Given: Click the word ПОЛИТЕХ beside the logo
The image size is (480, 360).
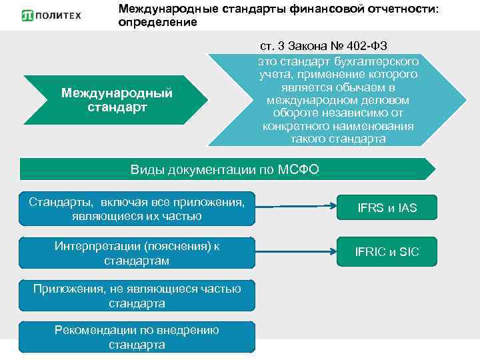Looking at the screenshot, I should click(61, 15).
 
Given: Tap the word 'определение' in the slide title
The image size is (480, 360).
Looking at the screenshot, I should click(157, 23).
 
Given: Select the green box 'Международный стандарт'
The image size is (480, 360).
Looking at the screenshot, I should click(117, 100).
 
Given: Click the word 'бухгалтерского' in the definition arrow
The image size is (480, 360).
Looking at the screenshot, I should click(371, 61).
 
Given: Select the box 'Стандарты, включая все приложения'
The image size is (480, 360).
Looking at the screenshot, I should click(137, 208).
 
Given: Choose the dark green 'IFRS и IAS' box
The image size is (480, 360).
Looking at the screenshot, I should click(387, 208).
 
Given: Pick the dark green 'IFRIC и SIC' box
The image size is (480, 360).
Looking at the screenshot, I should click(387, 252).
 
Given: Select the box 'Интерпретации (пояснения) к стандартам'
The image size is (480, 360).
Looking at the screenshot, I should click(137, 253).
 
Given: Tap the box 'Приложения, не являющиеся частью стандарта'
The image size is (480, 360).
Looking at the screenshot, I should click(137, 295).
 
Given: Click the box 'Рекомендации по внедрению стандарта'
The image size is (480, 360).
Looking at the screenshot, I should click(137, 337).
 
